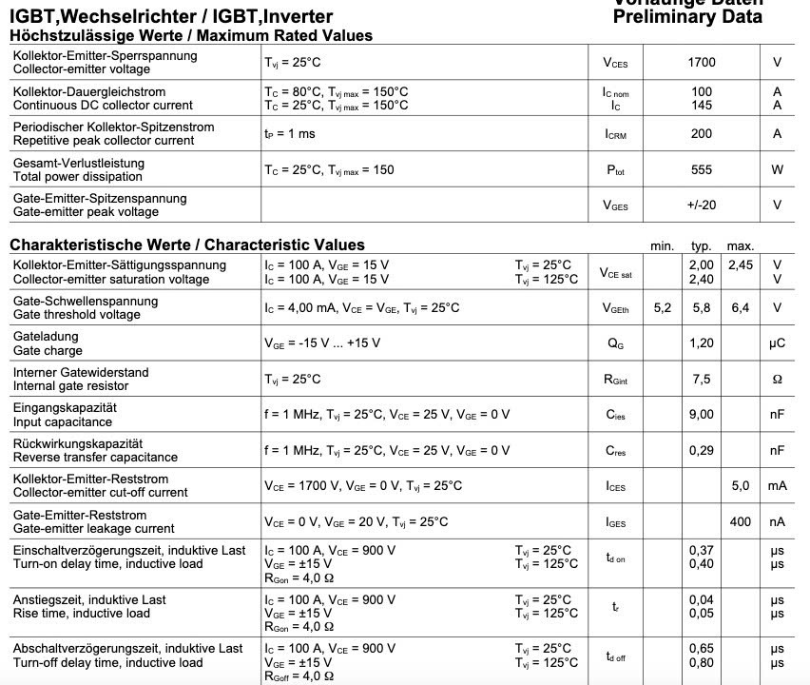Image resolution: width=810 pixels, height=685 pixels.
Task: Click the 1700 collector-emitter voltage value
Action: point(701,63)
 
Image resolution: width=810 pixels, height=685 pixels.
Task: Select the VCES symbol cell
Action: point(615,63)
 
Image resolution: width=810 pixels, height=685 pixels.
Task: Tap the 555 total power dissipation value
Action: point(701,170)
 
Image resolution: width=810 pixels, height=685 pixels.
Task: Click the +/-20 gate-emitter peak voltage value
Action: point(701,205)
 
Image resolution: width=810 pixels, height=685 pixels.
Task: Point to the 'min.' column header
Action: point(662,246)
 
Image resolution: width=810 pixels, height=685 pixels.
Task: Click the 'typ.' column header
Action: point(701,246)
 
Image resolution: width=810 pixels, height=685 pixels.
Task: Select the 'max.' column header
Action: point(740,246)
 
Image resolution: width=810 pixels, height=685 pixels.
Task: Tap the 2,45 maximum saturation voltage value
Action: point(740,265)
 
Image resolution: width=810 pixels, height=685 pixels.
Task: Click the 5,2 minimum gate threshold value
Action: point(662,308)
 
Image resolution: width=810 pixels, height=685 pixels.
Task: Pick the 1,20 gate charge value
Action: point(701,343)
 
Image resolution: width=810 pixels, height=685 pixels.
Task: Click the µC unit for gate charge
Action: point(777,343)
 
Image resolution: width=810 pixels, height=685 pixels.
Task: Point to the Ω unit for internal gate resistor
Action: point(777,380)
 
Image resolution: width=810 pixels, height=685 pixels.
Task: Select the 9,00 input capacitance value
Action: point(701,415)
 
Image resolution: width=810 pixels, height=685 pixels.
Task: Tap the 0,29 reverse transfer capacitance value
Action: point(701,450)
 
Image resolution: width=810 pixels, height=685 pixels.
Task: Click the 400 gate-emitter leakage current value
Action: point(740,521)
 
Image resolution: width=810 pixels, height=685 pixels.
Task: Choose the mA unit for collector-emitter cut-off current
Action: point(777,486)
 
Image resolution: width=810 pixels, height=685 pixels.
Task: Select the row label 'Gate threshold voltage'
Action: point(76,315)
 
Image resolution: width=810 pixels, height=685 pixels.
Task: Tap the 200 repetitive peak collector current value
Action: point(701,134)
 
